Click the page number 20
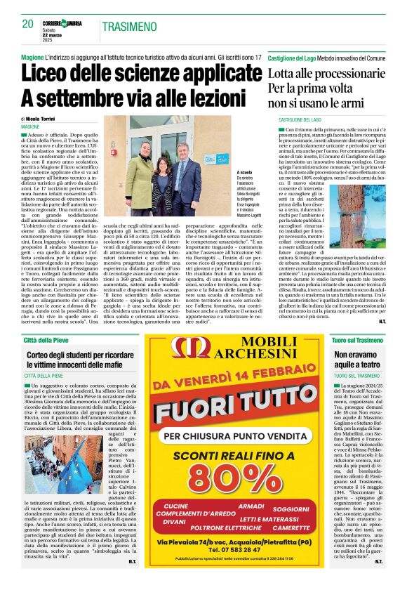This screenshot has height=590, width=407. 28,24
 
